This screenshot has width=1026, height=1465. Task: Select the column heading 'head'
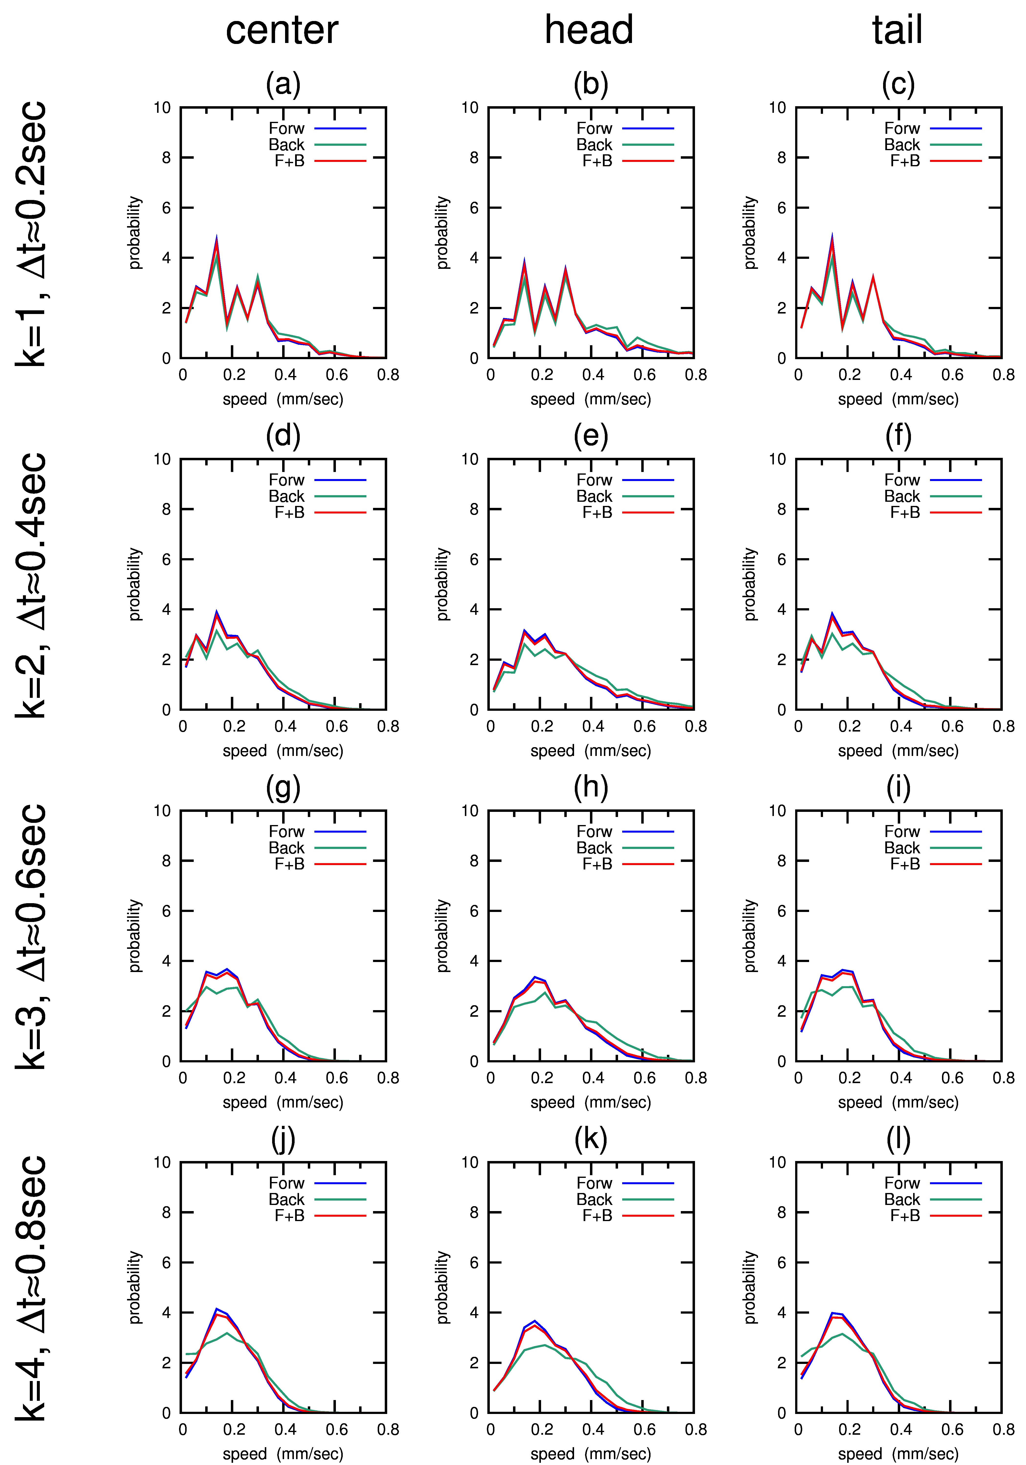589,30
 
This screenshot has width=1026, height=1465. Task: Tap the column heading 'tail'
897,30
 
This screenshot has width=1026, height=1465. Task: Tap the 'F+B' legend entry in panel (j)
289,1215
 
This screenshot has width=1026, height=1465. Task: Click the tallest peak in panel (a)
216,237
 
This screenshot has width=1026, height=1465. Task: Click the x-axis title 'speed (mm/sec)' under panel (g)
283,1103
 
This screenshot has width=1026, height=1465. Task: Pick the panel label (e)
591,436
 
